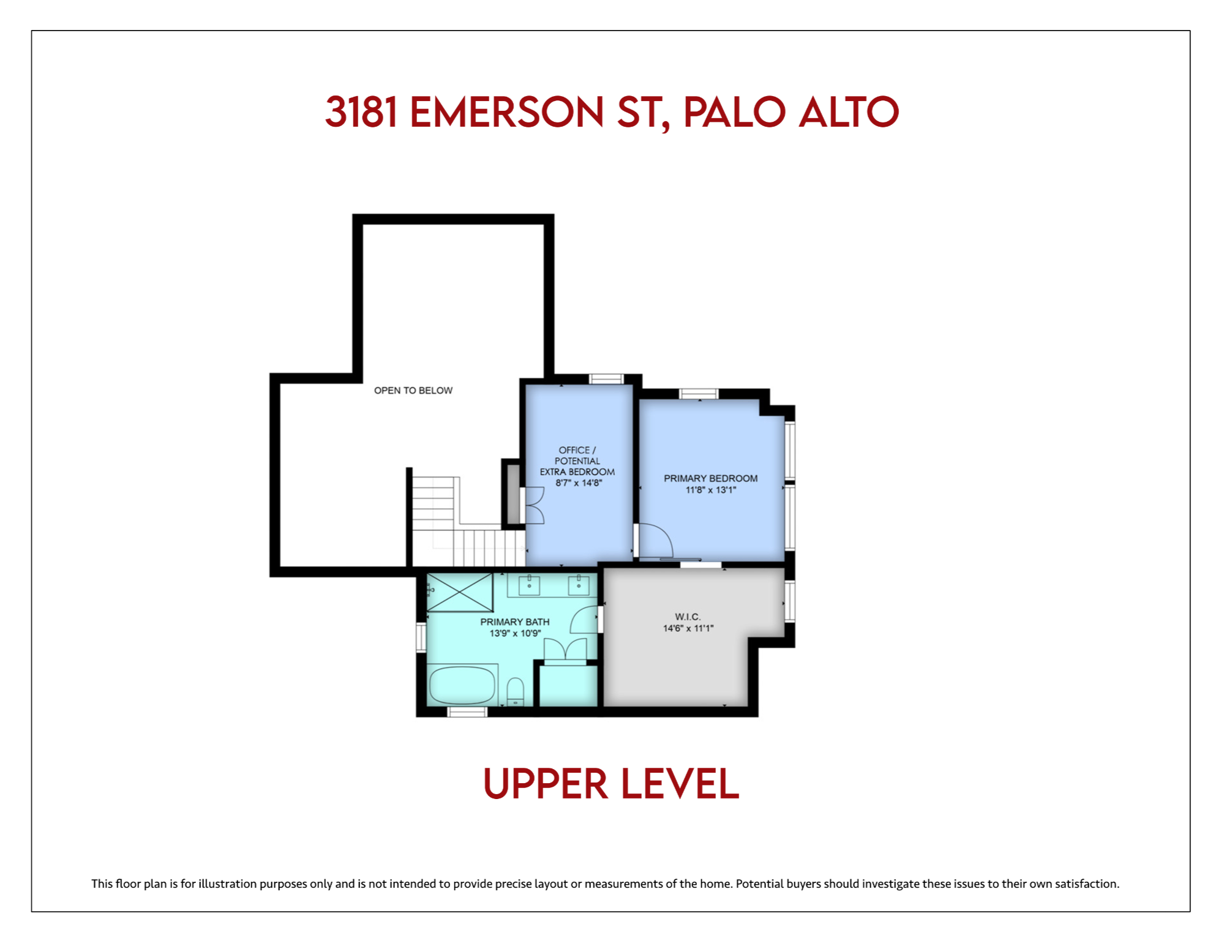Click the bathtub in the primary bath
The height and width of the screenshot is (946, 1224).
462,685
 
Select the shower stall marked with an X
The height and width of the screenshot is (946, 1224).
460,592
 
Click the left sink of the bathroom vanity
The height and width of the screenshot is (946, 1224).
529,585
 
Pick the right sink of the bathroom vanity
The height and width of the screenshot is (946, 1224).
579,585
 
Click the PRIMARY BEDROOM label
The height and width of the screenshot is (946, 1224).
710,478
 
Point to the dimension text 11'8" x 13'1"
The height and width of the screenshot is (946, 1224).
710,490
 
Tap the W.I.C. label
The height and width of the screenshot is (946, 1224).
688,617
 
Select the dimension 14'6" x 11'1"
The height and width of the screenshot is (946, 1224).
688,628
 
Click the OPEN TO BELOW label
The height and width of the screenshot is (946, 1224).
413,391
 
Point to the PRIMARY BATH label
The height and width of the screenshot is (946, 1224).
515,622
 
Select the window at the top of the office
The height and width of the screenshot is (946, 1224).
606,379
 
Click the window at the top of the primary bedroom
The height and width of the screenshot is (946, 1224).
699,394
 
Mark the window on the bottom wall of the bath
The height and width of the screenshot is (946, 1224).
467,711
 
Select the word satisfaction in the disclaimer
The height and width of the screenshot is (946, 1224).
1087,884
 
